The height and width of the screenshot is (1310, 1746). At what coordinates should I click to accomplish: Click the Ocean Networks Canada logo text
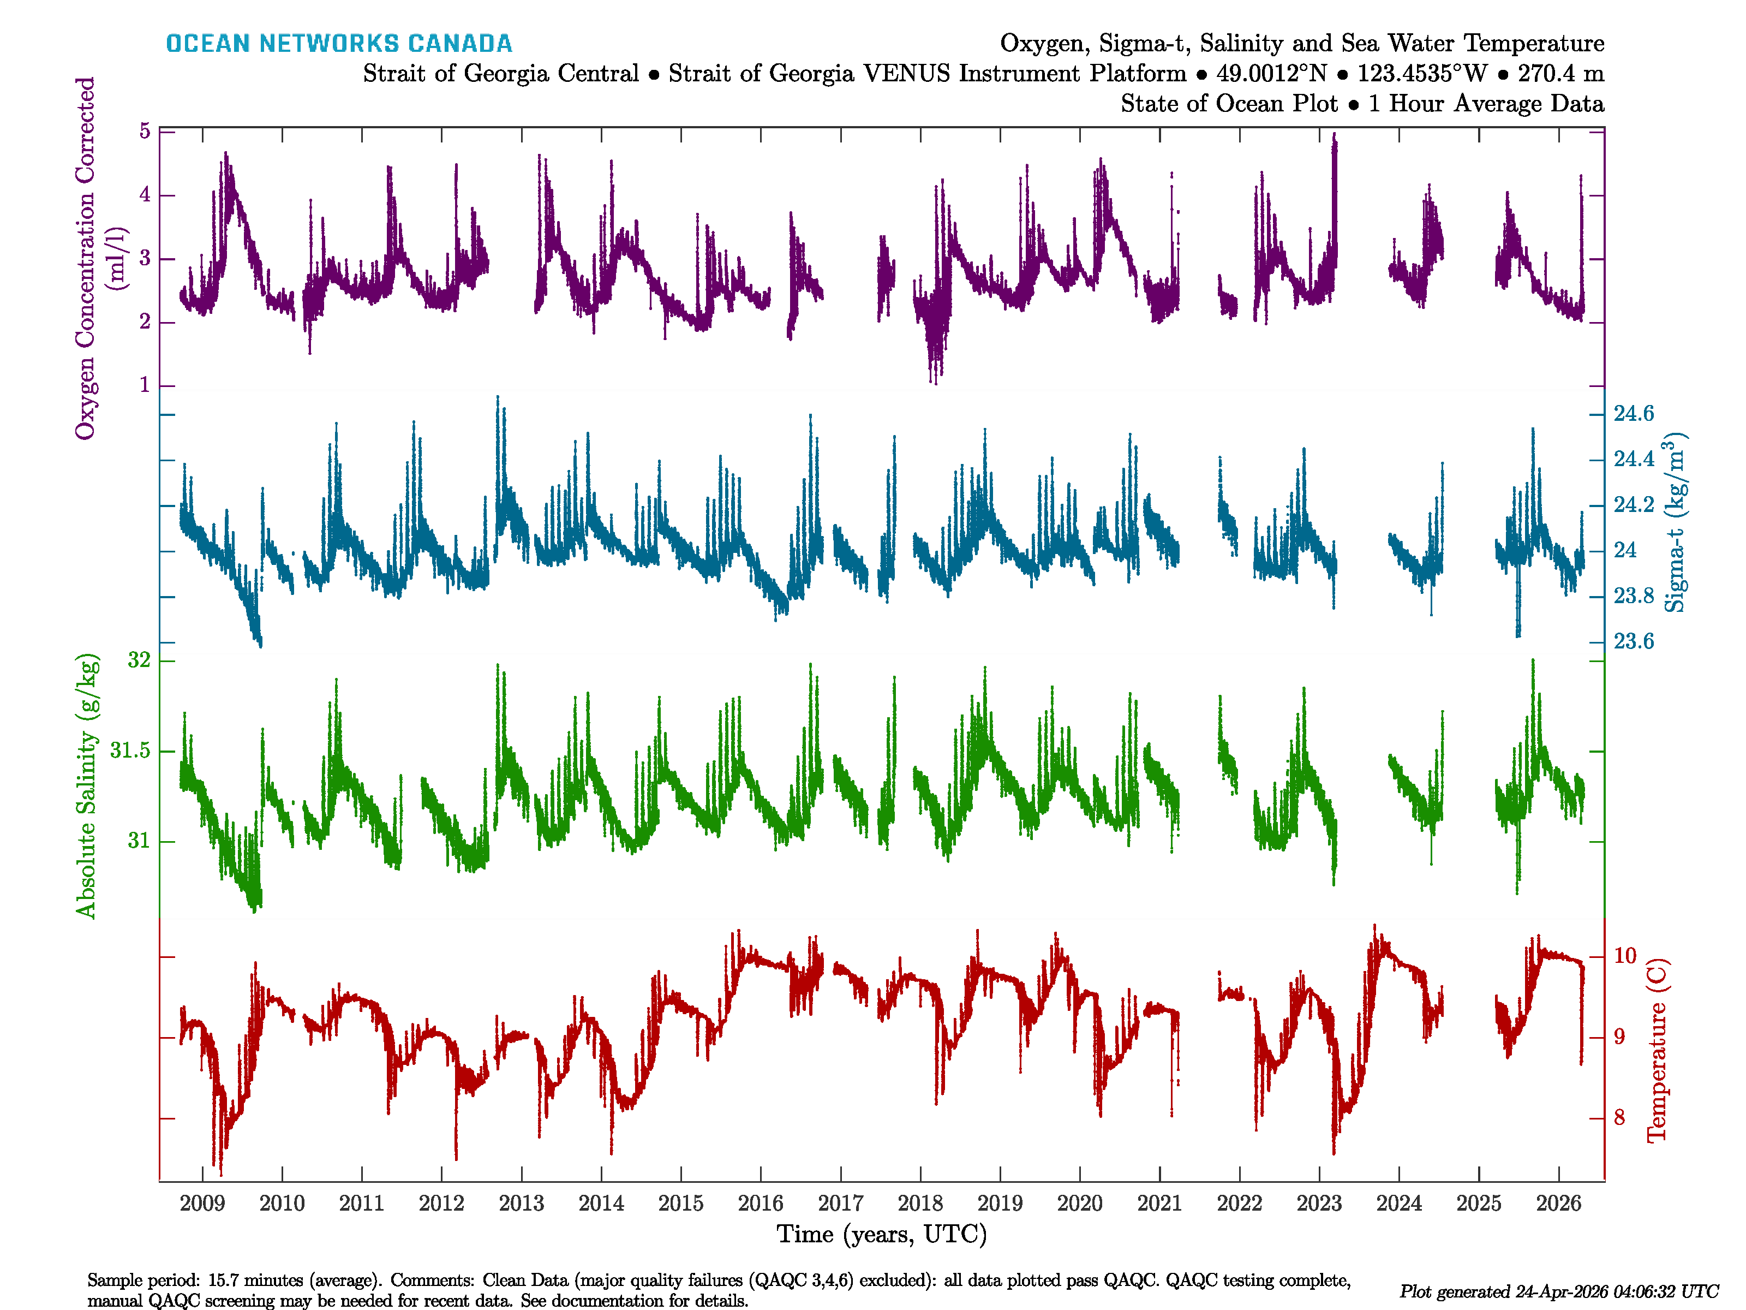click(x=339, y=44)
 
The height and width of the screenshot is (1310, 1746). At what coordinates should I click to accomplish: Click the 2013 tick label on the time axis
click(x=521, y=1204)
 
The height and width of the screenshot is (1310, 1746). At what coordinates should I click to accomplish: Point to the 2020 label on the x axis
click(x=1079, y=1204)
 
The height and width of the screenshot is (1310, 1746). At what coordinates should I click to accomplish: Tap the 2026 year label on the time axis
click(x=1558, y=1204)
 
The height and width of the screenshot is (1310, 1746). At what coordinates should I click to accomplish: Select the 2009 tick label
click(x=202, y=1204)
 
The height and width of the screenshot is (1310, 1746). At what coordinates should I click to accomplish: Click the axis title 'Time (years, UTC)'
click(x=882, y=1234)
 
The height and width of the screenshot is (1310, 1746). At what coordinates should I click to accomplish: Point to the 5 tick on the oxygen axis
click(x=145, y=131)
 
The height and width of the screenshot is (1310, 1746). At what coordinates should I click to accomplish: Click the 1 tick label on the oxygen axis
click(x=145, y=385)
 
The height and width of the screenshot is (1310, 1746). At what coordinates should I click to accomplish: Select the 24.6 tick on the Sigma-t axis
click(x=1633, y=414)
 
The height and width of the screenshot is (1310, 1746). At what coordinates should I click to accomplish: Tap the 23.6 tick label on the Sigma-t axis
click(x=1633, y=641)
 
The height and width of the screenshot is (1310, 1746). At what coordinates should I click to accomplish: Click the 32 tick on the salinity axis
click(x=139, y=660)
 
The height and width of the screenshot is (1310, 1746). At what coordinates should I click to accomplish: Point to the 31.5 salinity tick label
click(x=130, y=750)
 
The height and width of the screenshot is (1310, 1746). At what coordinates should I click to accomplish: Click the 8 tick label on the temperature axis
click(x=1619, y=1118)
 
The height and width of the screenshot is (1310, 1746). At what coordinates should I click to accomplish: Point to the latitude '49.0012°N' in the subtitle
click(x=1271, y=74)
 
